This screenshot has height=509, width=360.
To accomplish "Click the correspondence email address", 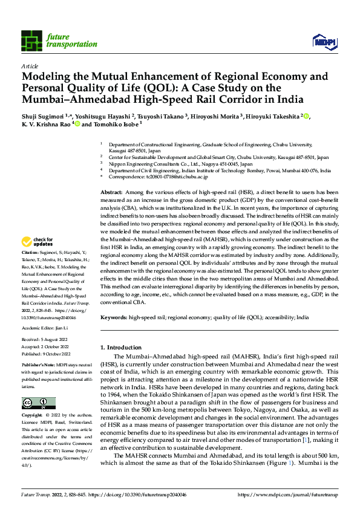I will click(x=172, y=177).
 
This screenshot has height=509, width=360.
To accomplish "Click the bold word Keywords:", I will click(x=114, y=317).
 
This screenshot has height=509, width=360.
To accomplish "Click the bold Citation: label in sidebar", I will click(x=30, y=251).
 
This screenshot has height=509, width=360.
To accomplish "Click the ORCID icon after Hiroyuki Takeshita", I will click(x=306, y=117).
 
